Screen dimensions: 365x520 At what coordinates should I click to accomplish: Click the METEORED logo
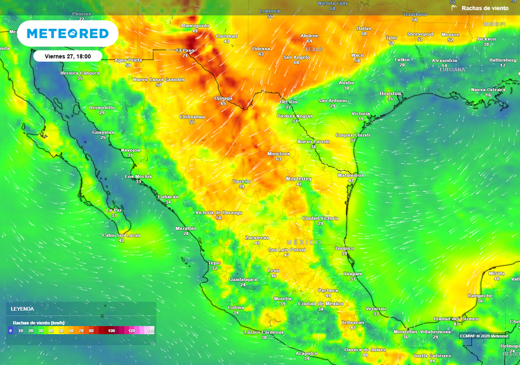[68, 33]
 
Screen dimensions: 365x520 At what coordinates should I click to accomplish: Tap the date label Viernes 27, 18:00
[68, 56]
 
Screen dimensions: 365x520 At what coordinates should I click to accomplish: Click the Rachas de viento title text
[484, 8]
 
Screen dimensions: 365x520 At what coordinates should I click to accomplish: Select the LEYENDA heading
[22, 309]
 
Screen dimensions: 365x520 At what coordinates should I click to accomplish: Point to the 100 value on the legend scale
[111, 331]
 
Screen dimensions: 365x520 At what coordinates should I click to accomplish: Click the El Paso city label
[185, 50]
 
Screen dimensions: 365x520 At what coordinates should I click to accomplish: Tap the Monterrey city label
[299, 179]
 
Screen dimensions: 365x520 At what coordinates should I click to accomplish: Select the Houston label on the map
[390, 94]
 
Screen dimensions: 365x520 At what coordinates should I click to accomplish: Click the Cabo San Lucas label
[121, 235]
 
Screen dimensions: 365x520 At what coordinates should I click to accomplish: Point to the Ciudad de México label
[320, 304]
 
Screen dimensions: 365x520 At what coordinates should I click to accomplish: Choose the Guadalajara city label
[243, 279]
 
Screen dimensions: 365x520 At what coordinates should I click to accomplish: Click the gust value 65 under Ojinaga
[223, 103]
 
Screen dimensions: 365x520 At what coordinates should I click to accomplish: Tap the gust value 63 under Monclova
[278, 159]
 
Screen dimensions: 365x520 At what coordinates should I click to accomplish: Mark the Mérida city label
[497, 273]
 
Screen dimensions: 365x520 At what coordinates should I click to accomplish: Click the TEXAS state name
[314, 50]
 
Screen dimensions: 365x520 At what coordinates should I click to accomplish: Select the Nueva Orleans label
[488, 90]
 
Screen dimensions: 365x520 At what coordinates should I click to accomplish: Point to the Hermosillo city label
[102, 107]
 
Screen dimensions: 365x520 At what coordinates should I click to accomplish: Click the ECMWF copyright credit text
[483, 336]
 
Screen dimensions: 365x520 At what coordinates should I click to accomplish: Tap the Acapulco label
[306, 353]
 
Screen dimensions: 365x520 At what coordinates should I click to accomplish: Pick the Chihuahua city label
[192, 117]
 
